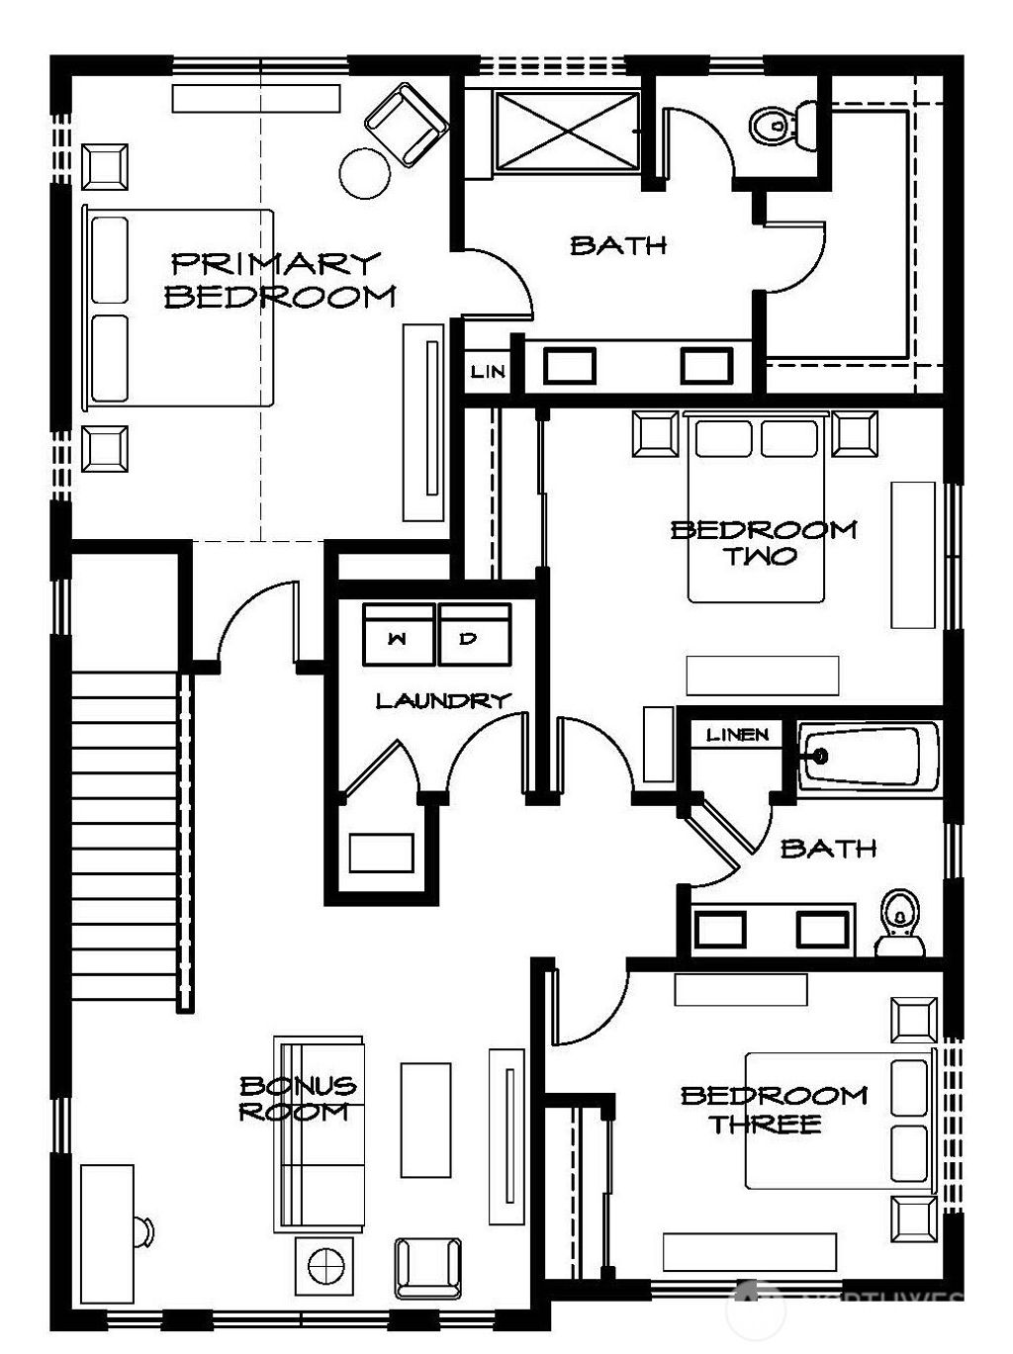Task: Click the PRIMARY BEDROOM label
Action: [x=280, y=279]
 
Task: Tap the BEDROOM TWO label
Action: [x=763, y=542]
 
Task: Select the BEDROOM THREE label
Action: [x=773, y=1109]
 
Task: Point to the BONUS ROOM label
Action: [x=297, y=1098]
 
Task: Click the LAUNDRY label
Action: [x=442, y=700]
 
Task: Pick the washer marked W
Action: [x=398, y=636]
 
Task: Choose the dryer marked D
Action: [x=472, y=636]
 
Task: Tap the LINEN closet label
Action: [x=737, y=734]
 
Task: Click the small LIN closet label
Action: [x=487, y=371]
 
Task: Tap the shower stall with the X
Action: [x=567, y=132]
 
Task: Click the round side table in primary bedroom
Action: [x=365, y=173]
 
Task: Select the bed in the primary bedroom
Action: [x=178, y=308]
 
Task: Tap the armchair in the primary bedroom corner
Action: [x=405, y=124]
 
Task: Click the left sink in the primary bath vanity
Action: [x=569, y=365]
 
